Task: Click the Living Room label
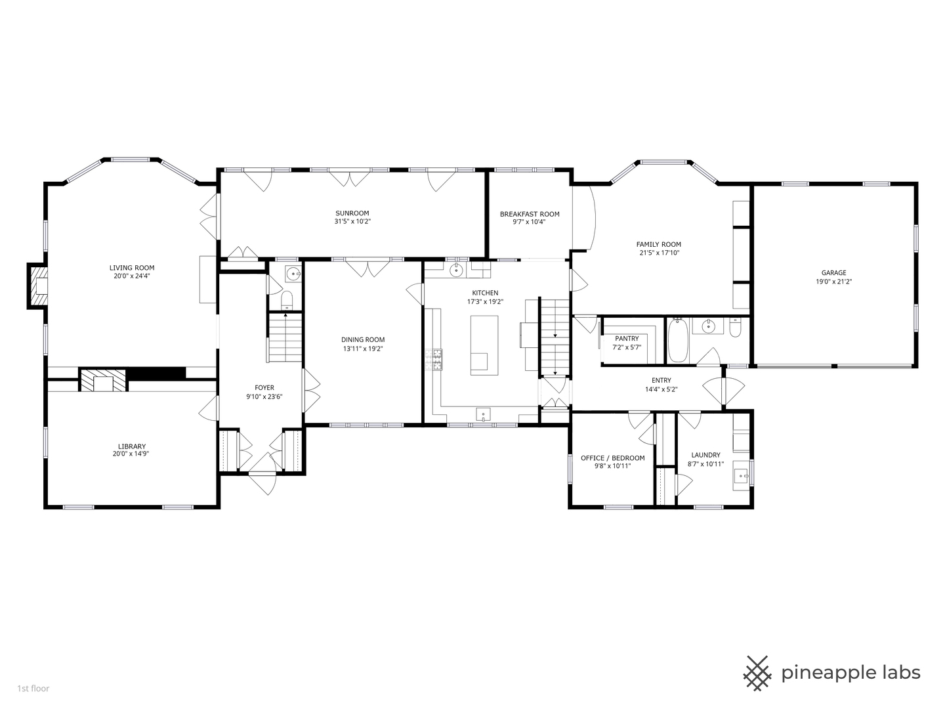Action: coord(132,268)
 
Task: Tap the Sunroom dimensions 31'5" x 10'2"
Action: coord(352,222)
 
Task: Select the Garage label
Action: coord(833,273)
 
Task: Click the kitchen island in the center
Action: coord(484,345)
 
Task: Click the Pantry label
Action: coord(627,339)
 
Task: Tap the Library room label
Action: coord(132,446)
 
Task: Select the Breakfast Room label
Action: coord(530,214)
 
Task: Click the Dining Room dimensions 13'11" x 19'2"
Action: coord(362,349)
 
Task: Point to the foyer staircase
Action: coord(285,337)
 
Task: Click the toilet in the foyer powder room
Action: coord(287,301)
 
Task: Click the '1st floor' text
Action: coord(33,689)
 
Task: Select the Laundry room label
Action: coord(705,455)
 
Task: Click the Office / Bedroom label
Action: coord(612,458)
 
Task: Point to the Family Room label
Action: coord(658,244)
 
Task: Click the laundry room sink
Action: coord(742,474)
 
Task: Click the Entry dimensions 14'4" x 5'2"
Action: coord(661,389)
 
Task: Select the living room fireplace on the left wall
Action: coord(37,286)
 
